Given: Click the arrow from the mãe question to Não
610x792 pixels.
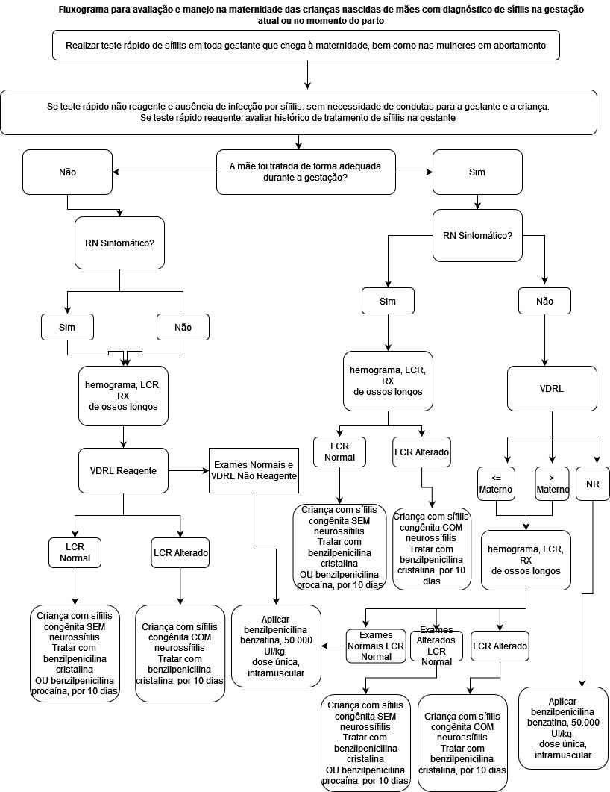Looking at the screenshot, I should click(x=164, y=172).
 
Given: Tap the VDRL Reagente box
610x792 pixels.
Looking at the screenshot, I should click(x=124, y=470).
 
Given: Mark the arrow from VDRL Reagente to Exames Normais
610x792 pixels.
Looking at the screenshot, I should click(x=188, y=470).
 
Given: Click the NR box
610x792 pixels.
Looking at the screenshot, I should click(x=593, y=484).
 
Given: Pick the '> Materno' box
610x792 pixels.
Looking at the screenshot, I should click(x=552, y=484).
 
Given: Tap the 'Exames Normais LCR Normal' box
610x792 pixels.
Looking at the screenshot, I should click(x=376, y=646).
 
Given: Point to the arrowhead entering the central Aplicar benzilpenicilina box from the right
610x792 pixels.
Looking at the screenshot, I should click(x=325, y=646).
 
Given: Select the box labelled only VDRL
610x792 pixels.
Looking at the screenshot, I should click(x=552, y=388).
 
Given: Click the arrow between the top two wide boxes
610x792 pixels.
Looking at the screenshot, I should click(x=307, y=75).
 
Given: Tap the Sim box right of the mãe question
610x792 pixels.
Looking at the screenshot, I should click(x=477, y=172).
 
